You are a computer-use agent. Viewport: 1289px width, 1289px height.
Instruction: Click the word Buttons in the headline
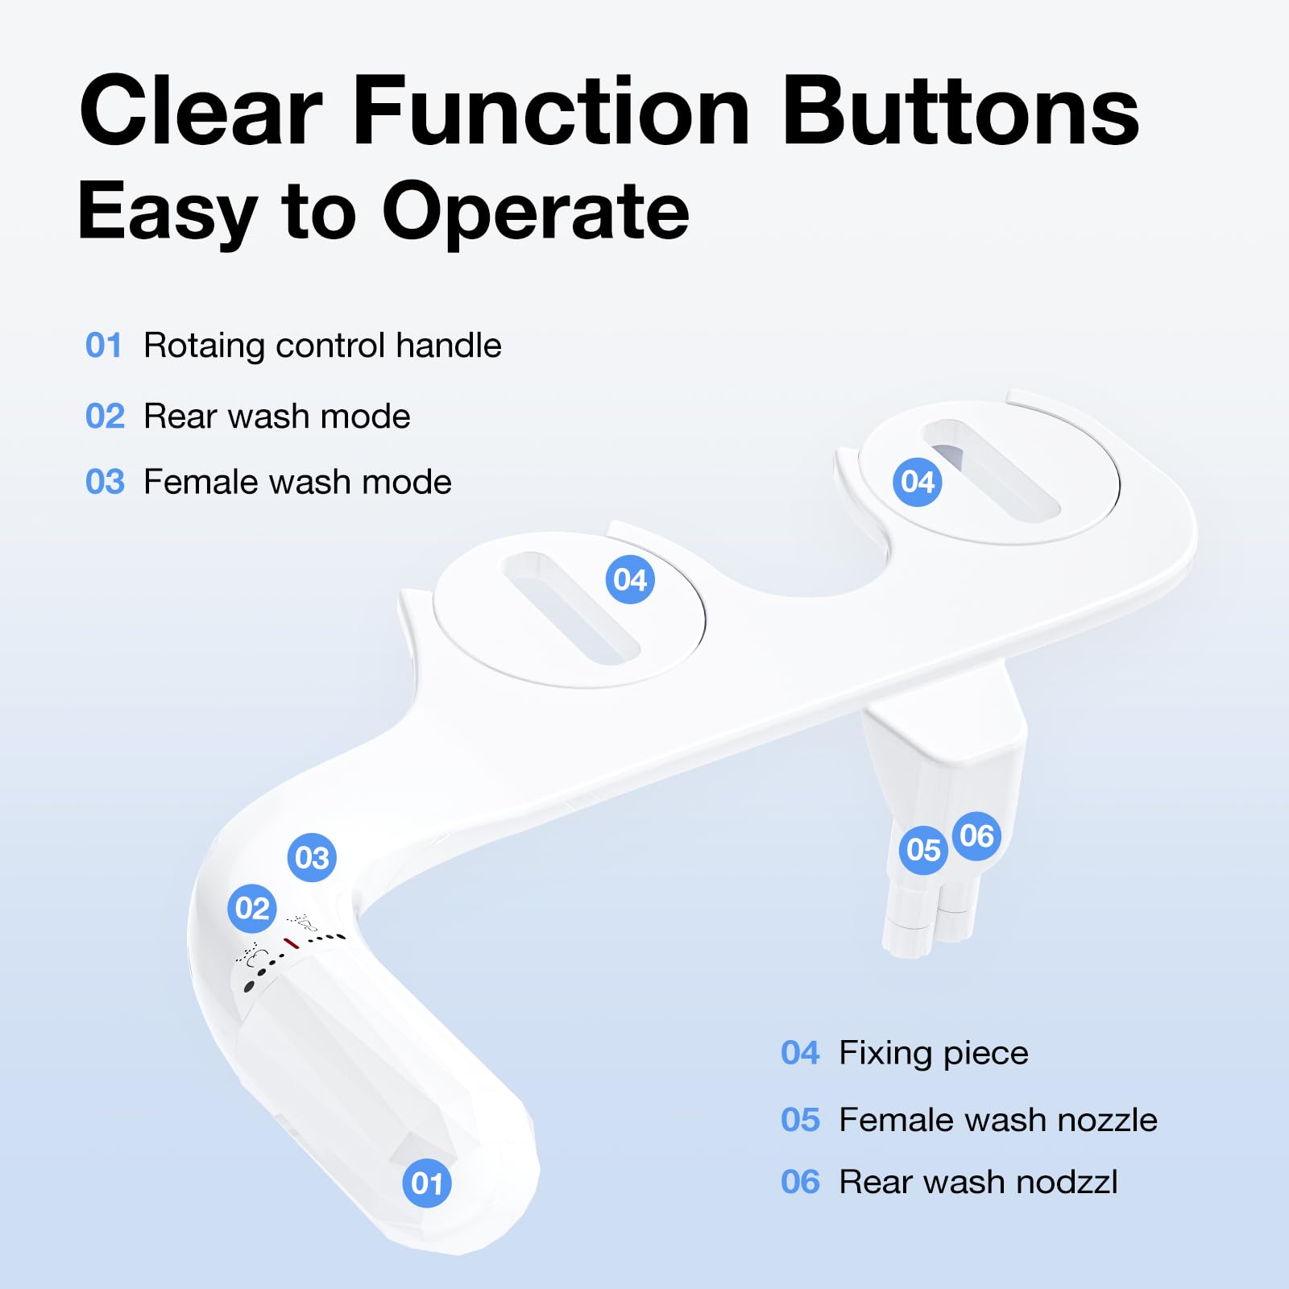click(x=961, y=111)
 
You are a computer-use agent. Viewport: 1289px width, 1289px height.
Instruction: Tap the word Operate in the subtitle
click(x=535, y=211)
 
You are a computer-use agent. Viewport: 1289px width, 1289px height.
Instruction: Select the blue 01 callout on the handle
click(x=427, y=1183)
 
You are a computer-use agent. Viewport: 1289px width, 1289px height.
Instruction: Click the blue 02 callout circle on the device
click(x=252, y=908)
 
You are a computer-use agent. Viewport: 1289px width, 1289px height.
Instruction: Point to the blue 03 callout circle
click(x=312, y=857)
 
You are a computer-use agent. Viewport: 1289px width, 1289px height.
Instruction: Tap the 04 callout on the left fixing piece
click(x=630, y=579)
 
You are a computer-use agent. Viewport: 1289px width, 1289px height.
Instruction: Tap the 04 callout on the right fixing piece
click(x=918, y=482)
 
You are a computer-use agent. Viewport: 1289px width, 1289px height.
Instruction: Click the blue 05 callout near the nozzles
click(x=923, y=849)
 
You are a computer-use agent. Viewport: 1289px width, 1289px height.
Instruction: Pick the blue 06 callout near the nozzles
click(x=977, y=835)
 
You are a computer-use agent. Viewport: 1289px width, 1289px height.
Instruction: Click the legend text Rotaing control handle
click(x=322, y=346)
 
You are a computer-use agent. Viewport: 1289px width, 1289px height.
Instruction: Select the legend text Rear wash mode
click(x=277, y=417)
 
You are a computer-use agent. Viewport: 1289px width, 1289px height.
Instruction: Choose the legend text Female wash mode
click(x=297, y=482)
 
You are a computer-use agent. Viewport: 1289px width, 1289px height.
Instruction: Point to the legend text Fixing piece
click(x=934, y=1053)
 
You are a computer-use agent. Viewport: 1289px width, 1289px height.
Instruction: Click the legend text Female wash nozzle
click(x=998, y=1120)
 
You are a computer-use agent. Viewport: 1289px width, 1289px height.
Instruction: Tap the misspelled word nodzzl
click(x=1067, y=1182)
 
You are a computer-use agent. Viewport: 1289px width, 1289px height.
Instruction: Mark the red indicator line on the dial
click(x=291, y=943)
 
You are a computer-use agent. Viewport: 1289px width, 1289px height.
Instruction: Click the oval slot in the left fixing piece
click(x=571, y=608)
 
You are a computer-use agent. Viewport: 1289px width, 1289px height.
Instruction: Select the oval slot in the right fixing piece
click(x=991, y=470)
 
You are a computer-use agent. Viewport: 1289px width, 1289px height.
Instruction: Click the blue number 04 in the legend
click(x=800, y=1053)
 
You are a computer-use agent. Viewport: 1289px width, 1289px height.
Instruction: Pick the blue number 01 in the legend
click(x=104, y=346)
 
